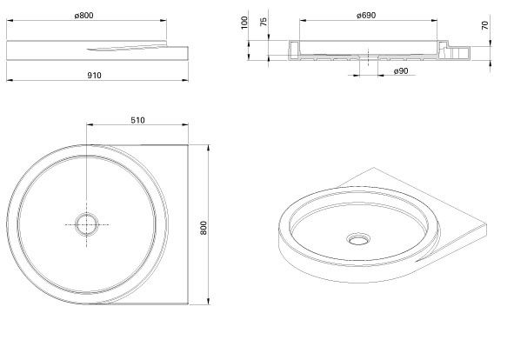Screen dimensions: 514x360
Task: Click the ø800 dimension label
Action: tap(83, 16)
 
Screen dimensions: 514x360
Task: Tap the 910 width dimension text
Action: tap(95, 76)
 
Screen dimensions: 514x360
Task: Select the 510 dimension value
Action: tap(137, 120)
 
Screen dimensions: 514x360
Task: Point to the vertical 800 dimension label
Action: tap(204, 228)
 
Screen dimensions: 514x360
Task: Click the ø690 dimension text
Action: tap(366, 16)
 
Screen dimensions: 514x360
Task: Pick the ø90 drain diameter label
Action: tap(401, 71)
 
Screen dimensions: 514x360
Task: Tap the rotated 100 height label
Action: tap(244, 23)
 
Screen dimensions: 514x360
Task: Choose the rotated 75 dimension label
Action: tap(264, 22)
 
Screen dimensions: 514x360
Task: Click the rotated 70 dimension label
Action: tap(484, 25)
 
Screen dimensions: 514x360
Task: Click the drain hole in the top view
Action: tap(87, 224)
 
